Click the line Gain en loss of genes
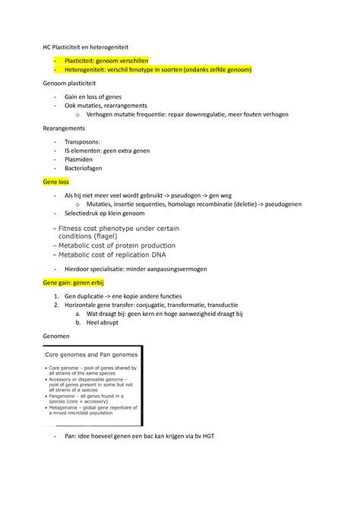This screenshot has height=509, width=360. [x=95, y=97]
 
